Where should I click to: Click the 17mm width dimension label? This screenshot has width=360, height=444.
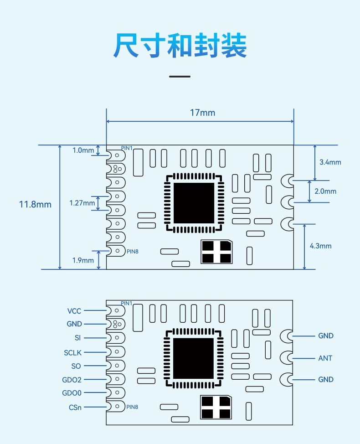[x=203, y=113]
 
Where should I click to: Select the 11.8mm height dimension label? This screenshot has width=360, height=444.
[x=35, y=204]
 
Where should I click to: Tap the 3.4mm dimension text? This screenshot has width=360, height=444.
[x=330, y=162]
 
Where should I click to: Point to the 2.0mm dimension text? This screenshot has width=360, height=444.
[x=325, y=191]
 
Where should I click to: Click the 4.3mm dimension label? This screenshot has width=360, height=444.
[x=321, y=246]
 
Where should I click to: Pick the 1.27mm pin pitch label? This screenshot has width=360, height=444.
[x=82, y=203]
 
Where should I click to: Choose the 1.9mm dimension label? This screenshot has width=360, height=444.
[x=83, y=260]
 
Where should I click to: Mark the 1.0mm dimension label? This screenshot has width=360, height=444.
[x=83, y=150]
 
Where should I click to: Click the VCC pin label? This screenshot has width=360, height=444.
[x=74, y=311]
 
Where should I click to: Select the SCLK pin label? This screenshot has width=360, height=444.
[x=73, y=353]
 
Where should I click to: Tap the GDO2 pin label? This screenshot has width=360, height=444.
[x=72, y=380]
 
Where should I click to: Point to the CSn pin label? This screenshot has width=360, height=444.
[x=75, y=408]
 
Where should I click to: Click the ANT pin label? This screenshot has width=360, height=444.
[x=325, y=358]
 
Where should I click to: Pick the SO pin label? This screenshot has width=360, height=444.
[x=76, y=366]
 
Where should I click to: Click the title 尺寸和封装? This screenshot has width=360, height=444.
[x=180, y=45]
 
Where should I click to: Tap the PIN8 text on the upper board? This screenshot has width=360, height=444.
[x=133, y=252]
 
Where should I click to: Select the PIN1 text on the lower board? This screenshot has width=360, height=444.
[x=127, y=303]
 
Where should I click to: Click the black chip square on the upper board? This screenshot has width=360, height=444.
[x=194, y=203]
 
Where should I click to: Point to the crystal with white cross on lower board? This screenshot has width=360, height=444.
[x=216, y=407]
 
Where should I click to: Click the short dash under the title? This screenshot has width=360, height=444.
[x=180, y=77]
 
